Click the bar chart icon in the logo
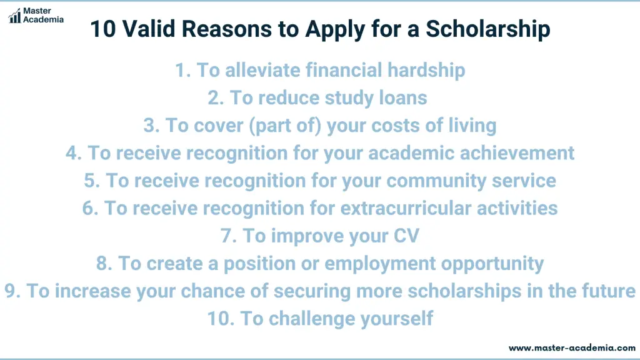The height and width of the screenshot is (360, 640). click(15, 16)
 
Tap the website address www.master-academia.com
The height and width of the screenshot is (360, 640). click(572, 348)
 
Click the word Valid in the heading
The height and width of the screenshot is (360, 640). click(149, 29)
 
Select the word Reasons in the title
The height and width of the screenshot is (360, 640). click(226, 29)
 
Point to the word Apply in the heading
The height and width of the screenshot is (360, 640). click(335, 30)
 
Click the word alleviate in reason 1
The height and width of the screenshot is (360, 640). click(263, 70)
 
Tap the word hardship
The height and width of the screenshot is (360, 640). click(426, 71)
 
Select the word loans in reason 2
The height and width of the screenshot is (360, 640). click(403, 98)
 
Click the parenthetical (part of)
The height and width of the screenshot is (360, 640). click(285, 126)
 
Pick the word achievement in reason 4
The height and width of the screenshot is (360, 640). click(517, 153)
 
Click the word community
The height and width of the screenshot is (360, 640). click(436, 181)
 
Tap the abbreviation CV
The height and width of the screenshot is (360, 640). click(406, 236)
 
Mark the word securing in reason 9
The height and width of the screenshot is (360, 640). click(312, 291)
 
